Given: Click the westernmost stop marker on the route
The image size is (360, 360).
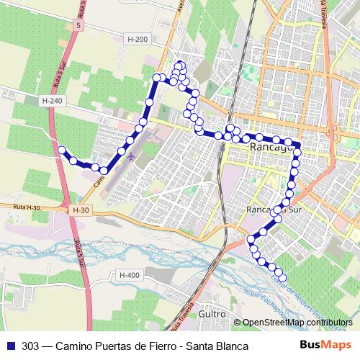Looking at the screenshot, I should tap(62, 150).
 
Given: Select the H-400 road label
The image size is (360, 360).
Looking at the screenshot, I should tap(130, 275).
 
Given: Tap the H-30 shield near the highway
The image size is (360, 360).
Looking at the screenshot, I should tap(81, 210).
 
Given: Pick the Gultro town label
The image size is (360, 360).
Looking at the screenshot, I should tap(210, 315).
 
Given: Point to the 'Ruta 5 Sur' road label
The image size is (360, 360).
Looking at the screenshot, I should tap(76, 253).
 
